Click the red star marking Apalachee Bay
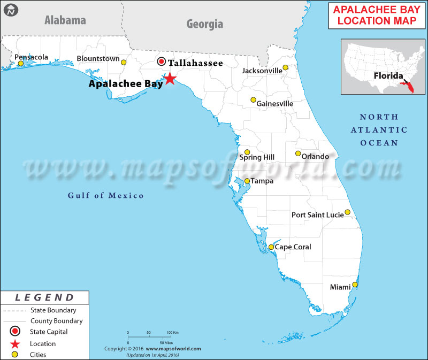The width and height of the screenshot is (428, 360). click(x=170, y=79)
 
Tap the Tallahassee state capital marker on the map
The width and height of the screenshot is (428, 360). click(x=162, y=62)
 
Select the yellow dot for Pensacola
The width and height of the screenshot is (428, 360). click(x=21, y=64)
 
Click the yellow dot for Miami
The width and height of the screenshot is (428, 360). click(x=354, y=285)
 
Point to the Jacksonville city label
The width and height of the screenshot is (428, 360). click(x=262, y=71)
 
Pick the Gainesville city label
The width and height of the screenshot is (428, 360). click(x=275, y=103)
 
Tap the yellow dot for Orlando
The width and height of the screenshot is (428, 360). click(x=298, y=154)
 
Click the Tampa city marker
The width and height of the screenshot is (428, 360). click(x=247, y=181)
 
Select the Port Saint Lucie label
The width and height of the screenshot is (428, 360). click(x=317, y=215)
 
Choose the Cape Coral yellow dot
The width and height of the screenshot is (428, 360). click(x=271, y=247)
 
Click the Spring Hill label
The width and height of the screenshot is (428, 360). click(x=257, y=157)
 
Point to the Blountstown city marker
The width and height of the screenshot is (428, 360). click(x=124, y=63)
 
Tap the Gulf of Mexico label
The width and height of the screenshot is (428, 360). click(x=106, y=195)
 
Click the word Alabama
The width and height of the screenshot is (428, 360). click(x=65, y=20)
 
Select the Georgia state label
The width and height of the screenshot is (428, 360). click(x=204, y=24)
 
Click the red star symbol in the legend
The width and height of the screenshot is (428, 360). click(x=16, y=343)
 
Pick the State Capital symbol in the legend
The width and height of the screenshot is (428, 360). click(x=16, y=332)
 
